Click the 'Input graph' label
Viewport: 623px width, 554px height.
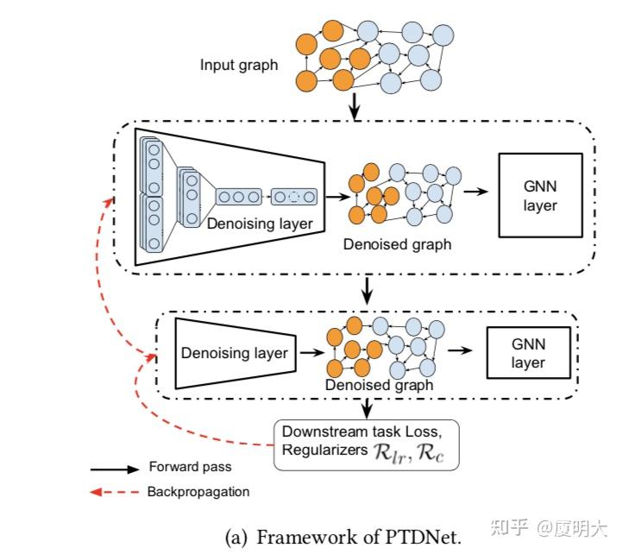tap(239, 65)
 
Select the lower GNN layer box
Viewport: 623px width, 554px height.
tap(528, 353)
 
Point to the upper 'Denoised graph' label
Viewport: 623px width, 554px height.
tap(396, 244)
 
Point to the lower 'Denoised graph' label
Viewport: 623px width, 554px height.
tap(380, 385)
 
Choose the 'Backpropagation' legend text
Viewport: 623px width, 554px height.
tap(198, 492)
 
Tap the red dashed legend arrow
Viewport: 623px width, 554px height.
tap(114, 493)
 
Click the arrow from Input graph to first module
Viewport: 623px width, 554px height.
tap(354, 107)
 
